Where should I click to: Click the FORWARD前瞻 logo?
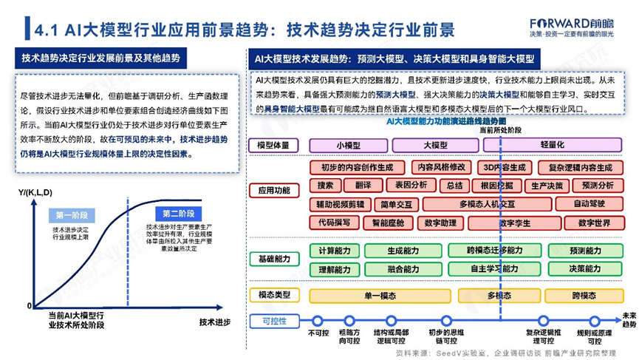[570, 22]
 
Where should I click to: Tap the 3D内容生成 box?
[504, 168]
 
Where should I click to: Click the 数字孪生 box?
[515, 222]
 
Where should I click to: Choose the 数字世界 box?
[594, 222]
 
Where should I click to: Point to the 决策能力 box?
[585, 269]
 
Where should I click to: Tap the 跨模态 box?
[584, 296]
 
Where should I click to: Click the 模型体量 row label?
[273, 145]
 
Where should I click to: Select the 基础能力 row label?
[273, 259]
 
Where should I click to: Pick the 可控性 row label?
[273, 321]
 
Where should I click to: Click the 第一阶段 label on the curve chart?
[72, 215]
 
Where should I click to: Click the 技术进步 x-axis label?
[214, 322]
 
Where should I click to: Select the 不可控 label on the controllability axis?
[318, 333]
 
